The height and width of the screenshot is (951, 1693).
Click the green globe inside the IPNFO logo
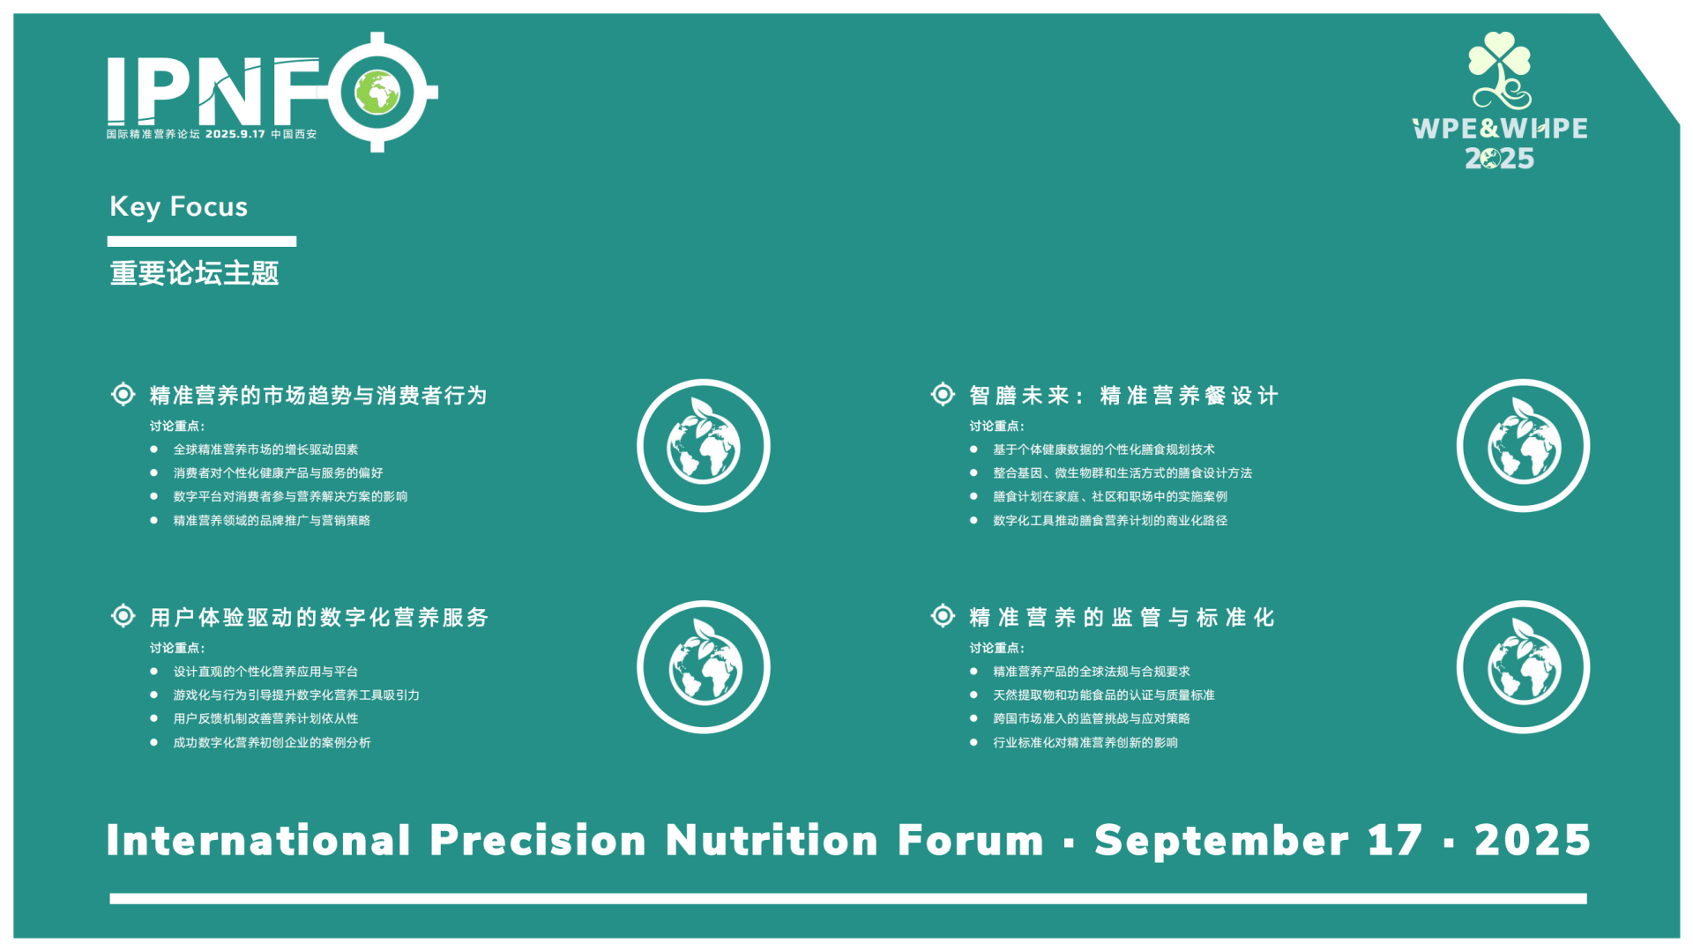(377, 92)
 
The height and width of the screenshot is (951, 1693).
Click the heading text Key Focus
(178, 207)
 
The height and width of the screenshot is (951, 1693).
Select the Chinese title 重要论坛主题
(194, 273)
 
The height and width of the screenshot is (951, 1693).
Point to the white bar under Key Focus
(202, 241)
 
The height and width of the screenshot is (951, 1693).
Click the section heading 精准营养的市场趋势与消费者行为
(318, 396)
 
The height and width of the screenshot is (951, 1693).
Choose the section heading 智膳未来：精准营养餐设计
(1124, 396)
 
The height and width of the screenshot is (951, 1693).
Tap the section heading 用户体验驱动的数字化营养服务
(319, 618)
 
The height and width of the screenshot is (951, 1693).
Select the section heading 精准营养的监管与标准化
(1122, 618)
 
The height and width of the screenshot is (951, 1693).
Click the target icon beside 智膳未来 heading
(943, 394)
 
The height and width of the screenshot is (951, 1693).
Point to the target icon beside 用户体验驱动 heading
(123, 615)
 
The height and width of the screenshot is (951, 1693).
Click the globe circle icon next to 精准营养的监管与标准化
(1523, 667)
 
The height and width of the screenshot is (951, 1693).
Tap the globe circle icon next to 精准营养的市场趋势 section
(704, 446)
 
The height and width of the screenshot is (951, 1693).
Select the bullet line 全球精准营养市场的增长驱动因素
(265, 449)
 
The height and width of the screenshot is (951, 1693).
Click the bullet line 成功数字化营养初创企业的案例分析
(272, 743)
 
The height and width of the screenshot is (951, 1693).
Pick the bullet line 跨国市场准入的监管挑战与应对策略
(1092, 719)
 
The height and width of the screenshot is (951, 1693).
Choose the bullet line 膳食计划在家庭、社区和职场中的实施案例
(1110, 497)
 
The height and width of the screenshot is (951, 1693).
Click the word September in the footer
(1222, 841)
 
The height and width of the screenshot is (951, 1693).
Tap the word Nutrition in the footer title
(772, 841)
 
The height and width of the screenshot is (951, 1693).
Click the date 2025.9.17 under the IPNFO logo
(235, 135)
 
